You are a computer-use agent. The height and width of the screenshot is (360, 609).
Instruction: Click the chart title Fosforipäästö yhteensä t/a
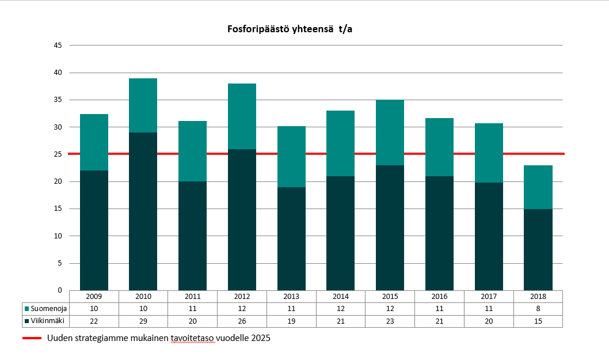point(290,29)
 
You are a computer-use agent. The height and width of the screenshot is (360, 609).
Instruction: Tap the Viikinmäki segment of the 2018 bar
point(538,249)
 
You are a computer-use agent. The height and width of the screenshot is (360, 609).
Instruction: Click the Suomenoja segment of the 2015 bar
point(390,132)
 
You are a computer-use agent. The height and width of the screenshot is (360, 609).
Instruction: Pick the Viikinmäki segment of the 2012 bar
point(242,219)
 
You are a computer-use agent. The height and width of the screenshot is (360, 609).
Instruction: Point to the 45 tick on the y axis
point(58,46)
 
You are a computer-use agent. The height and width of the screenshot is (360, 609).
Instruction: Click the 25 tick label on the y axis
point(58,154)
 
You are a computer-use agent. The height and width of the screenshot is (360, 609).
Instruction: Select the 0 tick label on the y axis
point(60,290)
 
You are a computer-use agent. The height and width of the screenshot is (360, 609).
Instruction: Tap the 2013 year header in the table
point(291,296)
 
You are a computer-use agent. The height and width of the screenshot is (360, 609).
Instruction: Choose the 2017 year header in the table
point(488,296)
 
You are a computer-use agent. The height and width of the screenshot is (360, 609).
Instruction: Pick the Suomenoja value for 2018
point(538,309)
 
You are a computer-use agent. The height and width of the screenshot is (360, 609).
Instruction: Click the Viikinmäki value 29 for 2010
point(143,321)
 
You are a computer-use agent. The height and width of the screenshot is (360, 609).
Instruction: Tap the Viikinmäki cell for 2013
point(291,321)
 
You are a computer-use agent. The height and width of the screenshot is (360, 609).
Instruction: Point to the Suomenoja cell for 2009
point(94,309)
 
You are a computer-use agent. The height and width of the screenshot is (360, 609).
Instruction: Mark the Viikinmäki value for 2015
point(390,321)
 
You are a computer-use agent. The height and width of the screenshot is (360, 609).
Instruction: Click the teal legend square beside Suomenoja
point(26,309)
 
